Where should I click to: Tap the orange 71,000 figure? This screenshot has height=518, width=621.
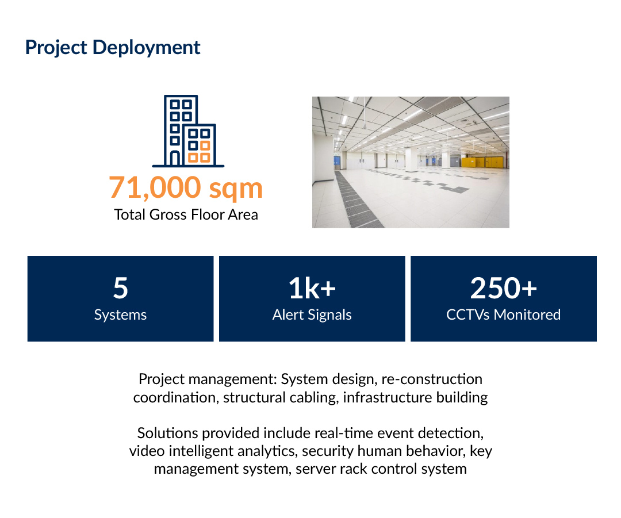(x=155, y=188)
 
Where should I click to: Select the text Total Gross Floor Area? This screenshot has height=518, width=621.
(x=186, y=214)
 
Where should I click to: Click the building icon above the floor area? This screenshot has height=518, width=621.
(x=188, y=131)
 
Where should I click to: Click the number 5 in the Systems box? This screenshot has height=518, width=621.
(x=120, y=288)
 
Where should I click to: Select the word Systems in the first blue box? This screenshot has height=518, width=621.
(x=120, y=315)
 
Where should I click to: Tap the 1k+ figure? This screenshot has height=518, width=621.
(x=312, y=288)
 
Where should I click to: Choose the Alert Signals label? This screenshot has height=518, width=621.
(x=312, y=315)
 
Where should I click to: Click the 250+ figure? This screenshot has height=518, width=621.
(x=503, y=288)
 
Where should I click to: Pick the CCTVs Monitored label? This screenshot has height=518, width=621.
(x=503, y=315)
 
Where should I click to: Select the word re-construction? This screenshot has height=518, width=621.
(x=432, y=379)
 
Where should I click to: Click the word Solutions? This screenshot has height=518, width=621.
(x=167, y=433)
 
